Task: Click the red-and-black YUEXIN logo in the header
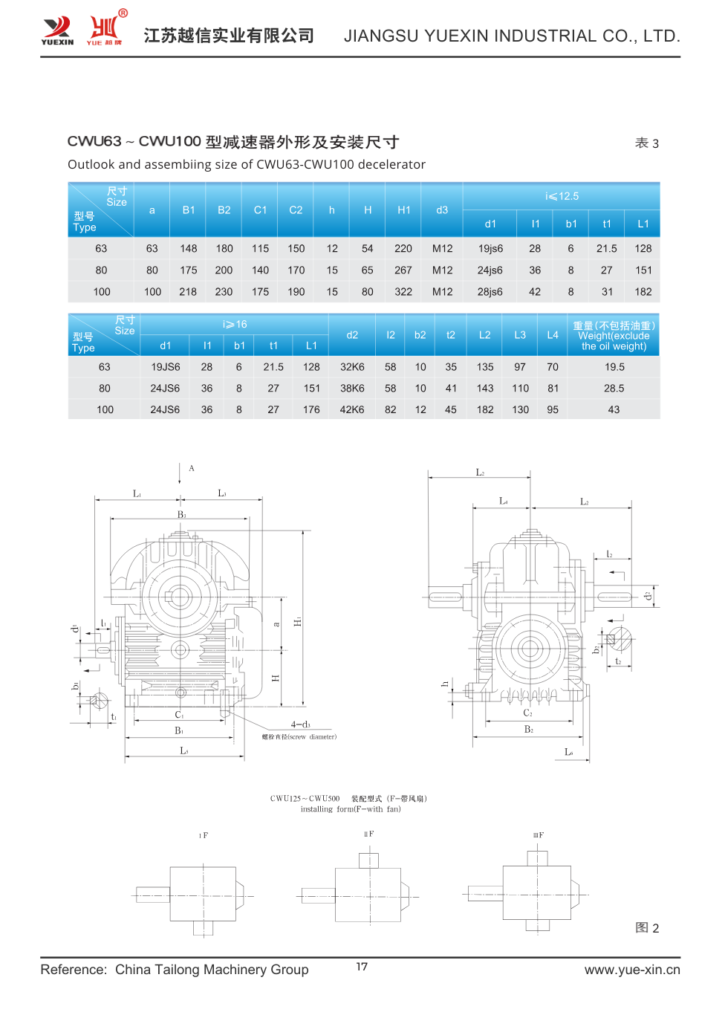[57, 30]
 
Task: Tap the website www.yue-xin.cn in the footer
[631, 970]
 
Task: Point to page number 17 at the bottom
[362, 967]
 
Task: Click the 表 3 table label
[646, 143]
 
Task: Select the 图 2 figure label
[647, 928]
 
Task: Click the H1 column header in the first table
[403, 210]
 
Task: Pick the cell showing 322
[403, 292]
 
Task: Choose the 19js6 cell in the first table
[490, 249]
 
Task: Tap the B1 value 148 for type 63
[189, 249]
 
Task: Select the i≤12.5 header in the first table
[562, 196]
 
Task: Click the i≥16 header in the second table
[235, 325]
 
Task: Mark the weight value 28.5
[614, 389]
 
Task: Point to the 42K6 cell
[352, 410]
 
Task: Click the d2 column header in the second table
[352, 335]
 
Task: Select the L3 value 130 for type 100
[520, 410]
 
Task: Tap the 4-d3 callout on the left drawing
[300, 724]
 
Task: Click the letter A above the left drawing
[192, 468]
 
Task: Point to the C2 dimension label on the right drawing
[527, 713]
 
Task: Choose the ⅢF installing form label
[538, 835]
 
